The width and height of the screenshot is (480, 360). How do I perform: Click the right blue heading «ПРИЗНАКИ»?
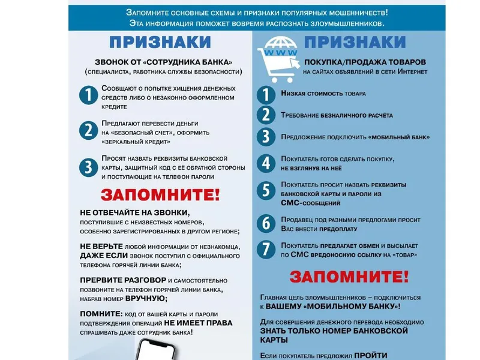(355, 42)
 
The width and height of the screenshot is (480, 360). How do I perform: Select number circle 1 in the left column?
(88, 96)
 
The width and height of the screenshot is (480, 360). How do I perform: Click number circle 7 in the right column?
(266, 250)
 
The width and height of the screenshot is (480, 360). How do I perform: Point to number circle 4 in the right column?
(266, 163)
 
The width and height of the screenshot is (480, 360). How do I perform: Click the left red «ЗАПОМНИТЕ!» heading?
(160, 195)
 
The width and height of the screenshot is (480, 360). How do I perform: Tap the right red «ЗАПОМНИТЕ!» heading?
(349, 277)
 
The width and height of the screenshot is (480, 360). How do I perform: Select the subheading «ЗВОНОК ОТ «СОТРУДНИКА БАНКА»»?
(163, 62)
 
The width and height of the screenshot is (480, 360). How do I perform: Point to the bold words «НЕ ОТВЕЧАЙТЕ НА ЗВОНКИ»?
(134, 213)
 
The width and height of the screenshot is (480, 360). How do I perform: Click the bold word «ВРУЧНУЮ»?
(145, 298)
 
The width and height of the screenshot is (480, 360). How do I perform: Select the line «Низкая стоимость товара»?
(323, 94)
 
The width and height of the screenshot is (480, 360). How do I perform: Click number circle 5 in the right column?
(266, 191)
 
